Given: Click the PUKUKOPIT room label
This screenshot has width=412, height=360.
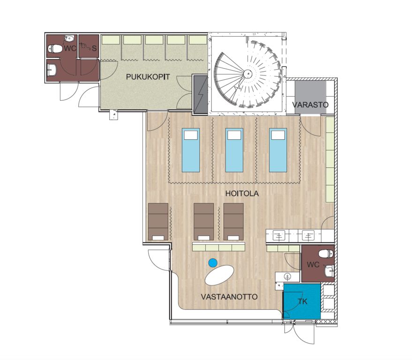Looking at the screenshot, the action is pos(148,77).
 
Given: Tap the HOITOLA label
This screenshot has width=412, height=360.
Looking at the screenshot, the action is pos(242,194).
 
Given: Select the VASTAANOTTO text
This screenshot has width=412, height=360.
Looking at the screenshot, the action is pos(229,297).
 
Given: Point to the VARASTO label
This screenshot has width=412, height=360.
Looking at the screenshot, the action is pos(310,105).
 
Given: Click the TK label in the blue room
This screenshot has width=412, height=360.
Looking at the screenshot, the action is pos(302,301).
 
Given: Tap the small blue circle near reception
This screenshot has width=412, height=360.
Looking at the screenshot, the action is pos(213,262).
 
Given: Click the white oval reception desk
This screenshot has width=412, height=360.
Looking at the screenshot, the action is pos(219,275).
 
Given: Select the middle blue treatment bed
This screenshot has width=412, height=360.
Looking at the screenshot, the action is pos(234,150).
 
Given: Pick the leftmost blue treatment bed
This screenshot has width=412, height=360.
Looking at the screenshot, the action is pos(191,150).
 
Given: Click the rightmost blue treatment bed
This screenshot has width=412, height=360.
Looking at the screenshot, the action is pos(278,150).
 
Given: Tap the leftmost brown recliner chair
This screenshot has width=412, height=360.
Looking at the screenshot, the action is pos(158,222).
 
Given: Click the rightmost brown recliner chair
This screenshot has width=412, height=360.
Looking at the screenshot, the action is pos(233,222).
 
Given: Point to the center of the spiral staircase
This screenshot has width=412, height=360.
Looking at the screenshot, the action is pos(247,74).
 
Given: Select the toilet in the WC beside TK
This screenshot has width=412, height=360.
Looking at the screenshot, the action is pos(326,254).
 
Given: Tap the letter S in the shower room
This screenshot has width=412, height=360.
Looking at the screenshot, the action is pos(94,49).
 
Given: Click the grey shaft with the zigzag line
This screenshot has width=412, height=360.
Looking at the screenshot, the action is pos(201,95).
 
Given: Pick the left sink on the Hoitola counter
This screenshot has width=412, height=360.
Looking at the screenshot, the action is pos(278,235).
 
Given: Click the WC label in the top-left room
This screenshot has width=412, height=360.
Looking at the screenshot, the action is pos(70,49).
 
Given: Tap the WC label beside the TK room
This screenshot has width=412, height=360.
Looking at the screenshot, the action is pos(313,265).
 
